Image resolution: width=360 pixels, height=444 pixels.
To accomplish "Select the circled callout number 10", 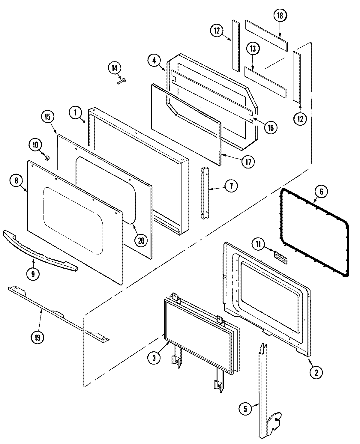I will pos(35,145).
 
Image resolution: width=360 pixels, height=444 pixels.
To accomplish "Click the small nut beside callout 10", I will pos(46,157).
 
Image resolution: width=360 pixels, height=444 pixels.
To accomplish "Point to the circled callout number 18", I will pos(280,16).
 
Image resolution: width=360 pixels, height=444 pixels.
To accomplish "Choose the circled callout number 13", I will pos(253,49).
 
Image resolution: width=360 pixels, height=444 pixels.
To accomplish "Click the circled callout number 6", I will pos(321,192).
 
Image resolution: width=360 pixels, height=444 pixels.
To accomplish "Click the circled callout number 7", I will pos(231,186).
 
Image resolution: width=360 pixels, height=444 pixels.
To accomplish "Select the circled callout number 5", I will pos(245,409).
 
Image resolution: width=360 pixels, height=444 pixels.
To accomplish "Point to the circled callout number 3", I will pos(154,358).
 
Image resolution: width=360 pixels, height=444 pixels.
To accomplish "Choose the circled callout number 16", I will pos(271,127).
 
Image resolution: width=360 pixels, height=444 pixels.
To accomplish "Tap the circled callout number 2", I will pos(316,372).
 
